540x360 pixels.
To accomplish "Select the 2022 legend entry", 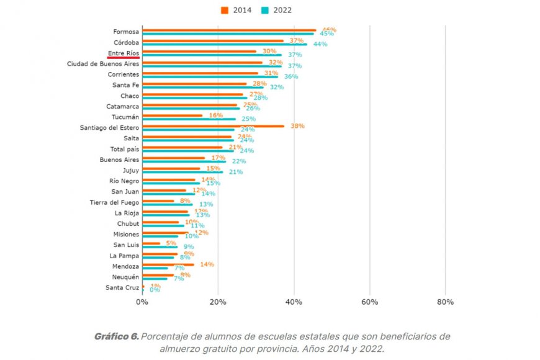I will coord(276,10).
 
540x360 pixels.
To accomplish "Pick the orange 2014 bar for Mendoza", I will coord(168,264).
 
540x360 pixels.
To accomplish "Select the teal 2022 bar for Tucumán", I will coord(189,119).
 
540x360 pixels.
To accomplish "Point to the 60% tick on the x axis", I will coord(369,302).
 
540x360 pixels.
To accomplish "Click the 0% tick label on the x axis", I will coord(142,302).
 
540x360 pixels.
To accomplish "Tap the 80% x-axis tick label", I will coord(445,302).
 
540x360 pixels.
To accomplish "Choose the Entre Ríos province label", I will coord(124,53).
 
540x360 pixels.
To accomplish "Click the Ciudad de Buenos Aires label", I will coord(102,64).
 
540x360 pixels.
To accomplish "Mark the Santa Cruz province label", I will coord(122,287).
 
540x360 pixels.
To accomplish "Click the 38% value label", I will coord(297,126).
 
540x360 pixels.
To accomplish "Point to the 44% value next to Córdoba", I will coord(320,44).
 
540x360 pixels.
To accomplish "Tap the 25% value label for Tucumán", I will coord(248,119).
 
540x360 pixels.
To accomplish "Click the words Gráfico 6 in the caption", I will coord(116,336).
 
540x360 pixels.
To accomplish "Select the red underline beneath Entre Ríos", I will coord(123,58).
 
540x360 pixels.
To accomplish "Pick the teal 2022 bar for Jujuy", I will coord(182,172).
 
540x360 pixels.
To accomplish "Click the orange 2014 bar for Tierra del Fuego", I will coord(158,200).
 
